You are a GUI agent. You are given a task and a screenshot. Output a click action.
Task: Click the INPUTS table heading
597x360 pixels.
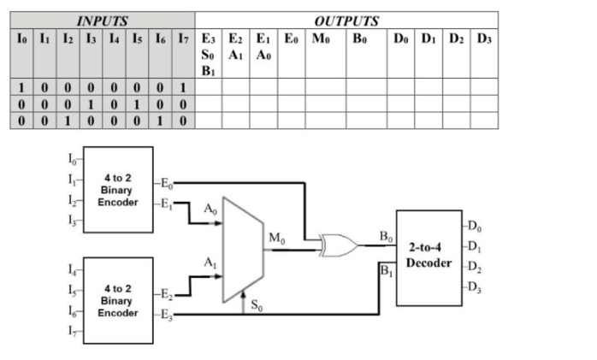coord(103,20)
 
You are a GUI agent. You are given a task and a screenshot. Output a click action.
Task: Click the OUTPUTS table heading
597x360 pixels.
coord(346,20)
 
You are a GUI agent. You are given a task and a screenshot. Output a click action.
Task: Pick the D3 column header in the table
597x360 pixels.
coord(485,38)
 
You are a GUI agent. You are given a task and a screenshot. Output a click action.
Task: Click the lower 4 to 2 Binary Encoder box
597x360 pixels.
coord(119,296)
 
